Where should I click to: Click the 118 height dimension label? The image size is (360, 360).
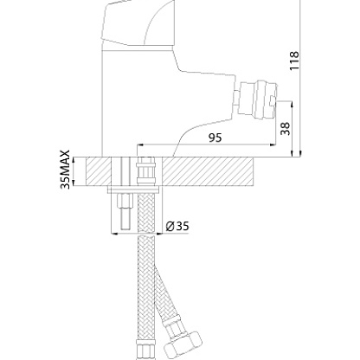(294, 61)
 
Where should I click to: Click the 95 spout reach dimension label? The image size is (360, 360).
(215, 138)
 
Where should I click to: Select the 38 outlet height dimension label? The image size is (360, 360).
(285, 129)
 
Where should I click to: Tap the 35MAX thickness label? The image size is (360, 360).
(66, 170)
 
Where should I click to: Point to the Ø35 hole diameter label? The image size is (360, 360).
(177, 226)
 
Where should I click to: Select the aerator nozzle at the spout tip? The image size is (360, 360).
(257, 100)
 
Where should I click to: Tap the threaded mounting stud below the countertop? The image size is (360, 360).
(125, 211)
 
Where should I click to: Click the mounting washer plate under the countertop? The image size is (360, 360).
(133, 190)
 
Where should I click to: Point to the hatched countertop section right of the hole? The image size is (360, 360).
(207, 171)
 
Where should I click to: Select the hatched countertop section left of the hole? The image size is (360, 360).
(99, 171)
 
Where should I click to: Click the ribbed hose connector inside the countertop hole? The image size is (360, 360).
(146, 170)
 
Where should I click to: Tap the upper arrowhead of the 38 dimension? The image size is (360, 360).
(292, 104)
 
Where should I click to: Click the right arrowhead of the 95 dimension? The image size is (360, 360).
(273, 145)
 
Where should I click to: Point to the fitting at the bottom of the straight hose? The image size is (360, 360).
(146, 350)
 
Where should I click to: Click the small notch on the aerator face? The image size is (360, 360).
(273, 101)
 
